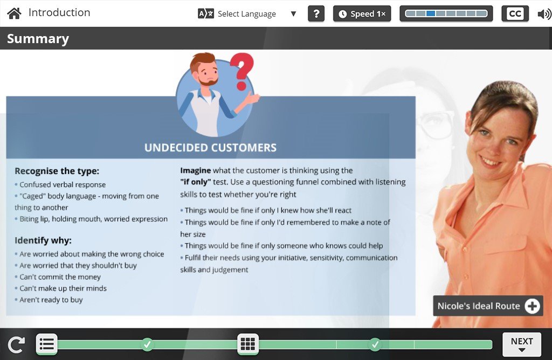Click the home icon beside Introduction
coord(14,13)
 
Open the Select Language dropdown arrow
coord(293,13)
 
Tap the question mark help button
coord(316,13)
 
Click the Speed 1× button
coord(362,13)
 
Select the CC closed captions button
coord(515,13)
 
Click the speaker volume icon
coord(544,14)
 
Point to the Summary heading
coord(38,38)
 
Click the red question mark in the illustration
coord(242,72)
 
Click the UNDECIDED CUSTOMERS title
coord(211,148)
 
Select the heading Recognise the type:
coord(57,171)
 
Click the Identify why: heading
coord(43,240)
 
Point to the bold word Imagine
coord(195,171)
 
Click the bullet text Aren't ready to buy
coord(51,300)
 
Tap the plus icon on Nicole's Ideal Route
coord(532,306)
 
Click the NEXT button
coord(522,344)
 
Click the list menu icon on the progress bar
coord(46,344)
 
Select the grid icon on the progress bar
coord(248,344)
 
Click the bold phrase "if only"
coord(195,182)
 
